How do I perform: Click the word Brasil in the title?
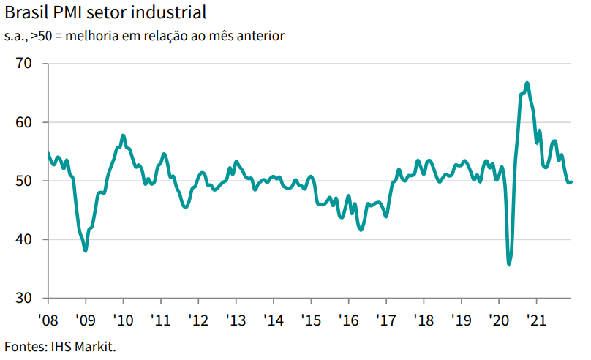(x=27, y=12)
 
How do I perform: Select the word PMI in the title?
(x=67, y=12)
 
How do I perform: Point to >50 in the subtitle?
(x=42, y=36)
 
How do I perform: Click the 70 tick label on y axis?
(x=23, y=64)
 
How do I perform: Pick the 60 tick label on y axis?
(x=23, y=122)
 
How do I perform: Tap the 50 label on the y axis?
(x=23, y=181)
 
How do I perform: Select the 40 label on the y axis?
(x=23, y=239)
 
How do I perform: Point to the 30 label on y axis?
(x=23, y=299)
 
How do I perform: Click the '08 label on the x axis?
(x=48, y=320)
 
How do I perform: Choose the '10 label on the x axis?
(x=123, y=320)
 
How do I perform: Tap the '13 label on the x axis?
(x=236, y=320)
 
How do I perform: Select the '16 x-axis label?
(x=348, y=320)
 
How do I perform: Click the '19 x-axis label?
(x=461, y=320)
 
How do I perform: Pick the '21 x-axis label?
(x=536, y=320)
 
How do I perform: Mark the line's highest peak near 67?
(x=527, y=83)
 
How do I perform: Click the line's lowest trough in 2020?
(x=509, y=265)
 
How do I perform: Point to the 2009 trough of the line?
(x=86, y=250)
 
